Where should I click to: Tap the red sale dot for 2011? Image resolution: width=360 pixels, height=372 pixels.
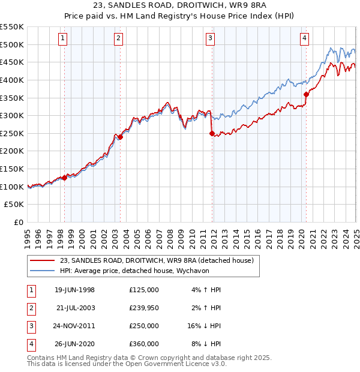click(x=212, y=133)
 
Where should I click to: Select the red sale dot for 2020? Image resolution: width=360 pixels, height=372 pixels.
click(x=306, y=94)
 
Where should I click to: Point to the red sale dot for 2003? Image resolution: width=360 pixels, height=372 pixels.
click(x=120, y=137)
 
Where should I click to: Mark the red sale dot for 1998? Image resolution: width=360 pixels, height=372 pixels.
click(x=64, y=178)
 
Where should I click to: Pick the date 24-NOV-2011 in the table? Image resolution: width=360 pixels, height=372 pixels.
click(x=74, y=326)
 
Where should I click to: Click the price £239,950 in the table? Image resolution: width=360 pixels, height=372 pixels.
click(x=144, y=308)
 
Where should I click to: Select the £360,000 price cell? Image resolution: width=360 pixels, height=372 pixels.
click(x=144, y=344)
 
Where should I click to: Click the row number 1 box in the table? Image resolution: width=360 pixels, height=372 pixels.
click(x=31, y=290)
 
